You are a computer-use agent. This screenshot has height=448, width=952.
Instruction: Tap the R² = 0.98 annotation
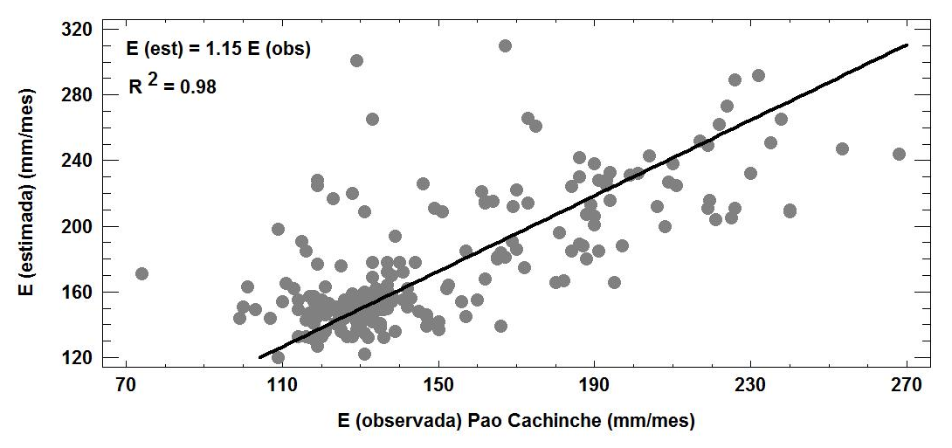click(x=172, y=85)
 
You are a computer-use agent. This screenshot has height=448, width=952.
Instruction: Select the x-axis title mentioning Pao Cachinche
click(x=516, y=422)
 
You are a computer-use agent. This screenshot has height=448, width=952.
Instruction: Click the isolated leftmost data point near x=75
click(x=141, y=273)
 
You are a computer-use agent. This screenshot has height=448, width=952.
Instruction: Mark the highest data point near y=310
click(x=505, y=45)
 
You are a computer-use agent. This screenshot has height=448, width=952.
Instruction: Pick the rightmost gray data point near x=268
click(x=899, y=154)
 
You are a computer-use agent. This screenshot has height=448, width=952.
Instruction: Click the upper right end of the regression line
click(x=907, y=45)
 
